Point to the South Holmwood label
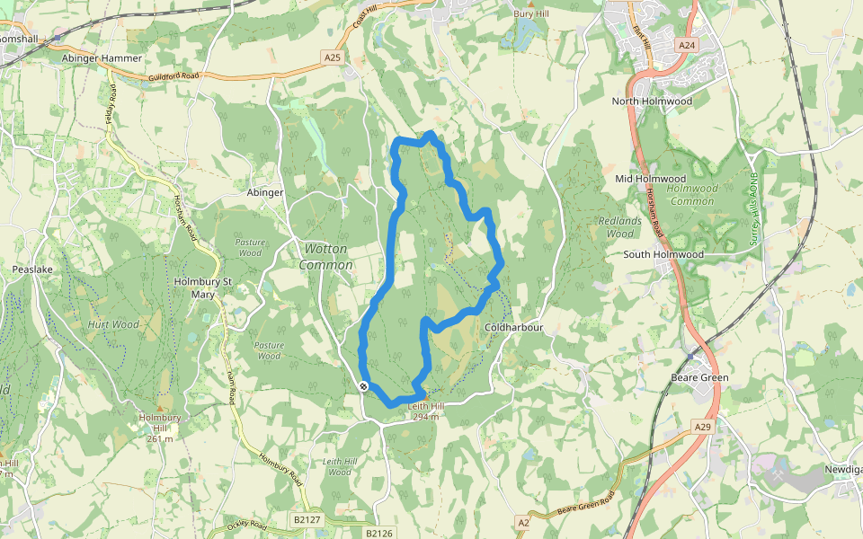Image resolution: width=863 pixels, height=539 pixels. click(x=663, y=254)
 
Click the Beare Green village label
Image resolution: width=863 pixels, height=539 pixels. click(x=699, y=377)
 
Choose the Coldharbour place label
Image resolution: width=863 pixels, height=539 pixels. click(x=514, y=328)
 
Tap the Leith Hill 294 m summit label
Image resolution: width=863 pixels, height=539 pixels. click(x=423, y=411)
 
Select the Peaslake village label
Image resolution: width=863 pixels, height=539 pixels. click(x=34, y=269)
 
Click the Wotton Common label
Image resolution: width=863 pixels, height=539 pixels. click(x=325, y=256)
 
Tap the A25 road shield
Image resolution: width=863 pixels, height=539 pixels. click(x=333, y=57)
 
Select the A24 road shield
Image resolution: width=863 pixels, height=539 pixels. click(x=687, y=45)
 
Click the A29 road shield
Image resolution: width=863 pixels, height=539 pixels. click(x=702, y=427)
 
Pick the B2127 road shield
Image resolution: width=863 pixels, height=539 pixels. click(x=306, y=519)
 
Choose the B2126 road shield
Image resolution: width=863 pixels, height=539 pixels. click(x=379, y=533)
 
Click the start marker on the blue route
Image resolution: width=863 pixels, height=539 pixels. click(x=363, y=386)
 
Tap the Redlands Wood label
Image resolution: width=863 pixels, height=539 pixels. click(x=620, y=227)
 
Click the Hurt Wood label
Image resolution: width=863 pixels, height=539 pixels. click(x=113, y=324)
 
